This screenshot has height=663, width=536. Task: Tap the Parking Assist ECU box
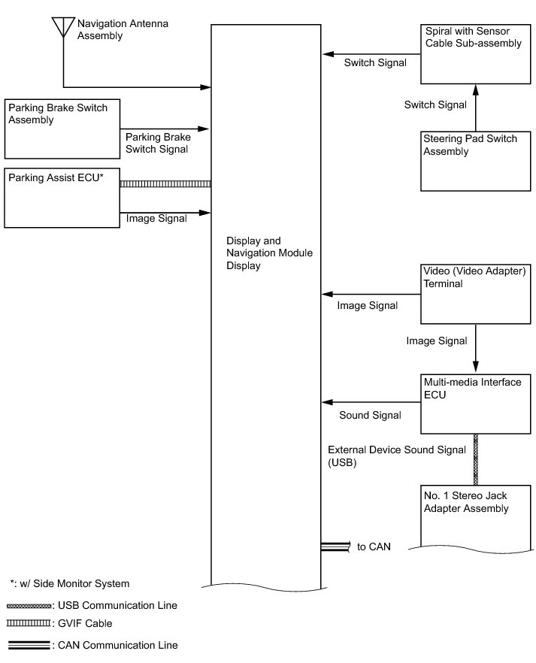click(62, 198)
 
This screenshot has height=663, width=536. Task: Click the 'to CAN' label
click(374, 546)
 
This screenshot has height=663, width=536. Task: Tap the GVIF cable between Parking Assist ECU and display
click(165, 183)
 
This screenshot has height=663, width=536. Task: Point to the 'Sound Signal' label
click(370, 415)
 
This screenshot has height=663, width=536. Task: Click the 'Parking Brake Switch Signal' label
click(158, 144)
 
